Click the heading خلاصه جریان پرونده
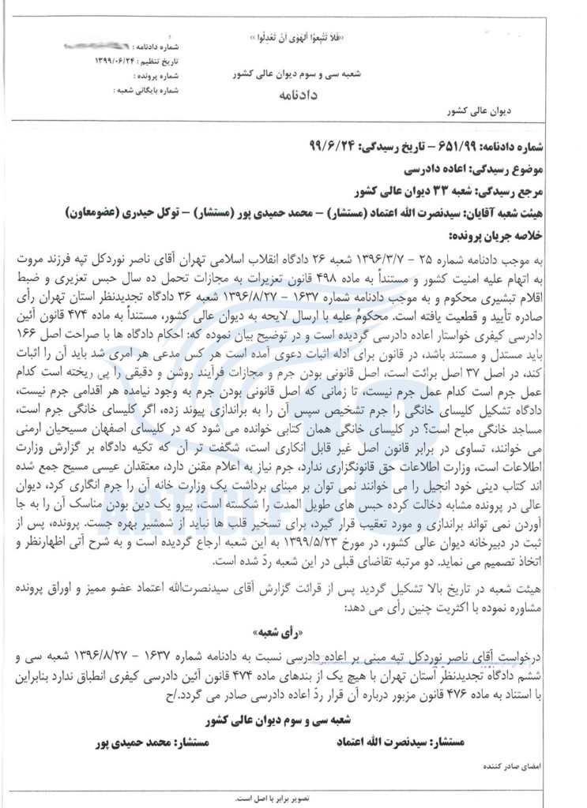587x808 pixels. [483, 236]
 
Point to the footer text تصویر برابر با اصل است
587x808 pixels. [293, 798]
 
